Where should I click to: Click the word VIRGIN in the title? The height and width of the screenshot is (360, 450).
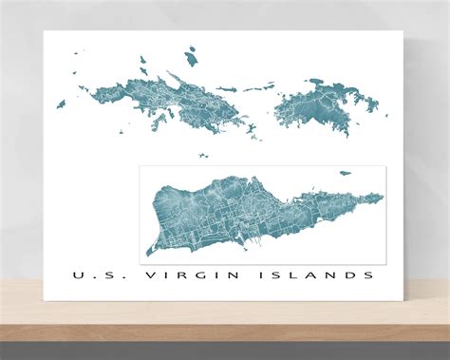click(x=192, y=275)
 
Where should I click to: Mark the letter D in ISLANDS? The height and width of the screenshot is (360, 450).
click(x=347, y=275)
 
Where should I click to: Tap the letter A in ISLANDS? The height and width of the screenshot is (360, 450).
click(x=309, y=275)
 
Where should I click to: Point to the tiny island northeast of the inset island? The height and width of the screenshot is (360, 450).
click(x=345, y=173)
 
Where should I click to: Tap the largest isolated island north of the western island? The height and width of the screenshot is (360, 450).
click(x=191, y=58)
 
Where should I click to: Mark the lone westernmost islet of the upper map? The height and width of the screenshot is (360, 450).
click(x=61, y=104)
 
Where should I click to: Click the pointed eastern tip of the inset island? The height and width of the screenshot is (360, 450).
click(x=382, y=198)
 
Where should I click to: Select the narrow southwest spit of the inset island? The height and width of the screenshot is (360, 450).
click(x=149, y=252)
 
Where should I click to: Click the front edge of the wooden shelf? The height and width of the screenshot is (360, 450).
click(x=225, y=333)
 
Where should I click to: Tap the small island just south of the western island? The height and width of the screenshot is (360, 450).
click(x=202, y=155)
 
